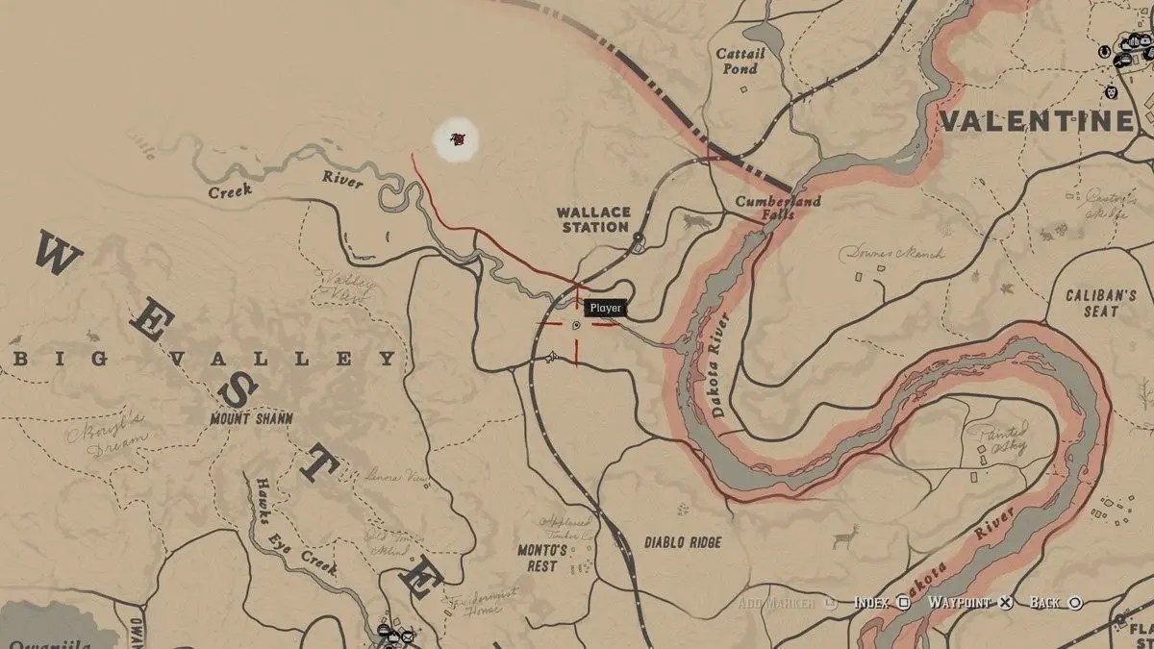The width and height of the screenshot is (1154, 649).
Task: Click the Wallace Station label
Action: coord(593,219)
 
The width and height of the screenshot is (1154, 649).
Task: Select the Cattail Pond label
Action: coord(740,61)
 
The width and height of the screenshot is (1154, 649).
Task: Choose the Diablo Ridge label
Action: coord(682,542)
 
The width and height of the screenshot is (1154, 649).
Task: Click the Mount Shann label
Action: coord(251,419)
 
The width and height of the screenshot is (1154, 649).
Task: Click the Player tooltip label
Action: coord(606,308)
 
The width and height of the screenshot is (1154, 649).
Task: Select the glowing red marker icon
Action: coord(457,140)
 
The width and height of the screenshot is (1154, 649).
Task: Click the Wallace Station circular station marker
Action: coord(638,237)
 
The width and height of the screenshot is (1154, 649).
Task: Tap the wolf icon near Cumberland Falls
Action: coord(693,222)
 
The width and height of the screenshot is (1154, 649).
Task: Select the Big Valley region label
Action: coord(204,359)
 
